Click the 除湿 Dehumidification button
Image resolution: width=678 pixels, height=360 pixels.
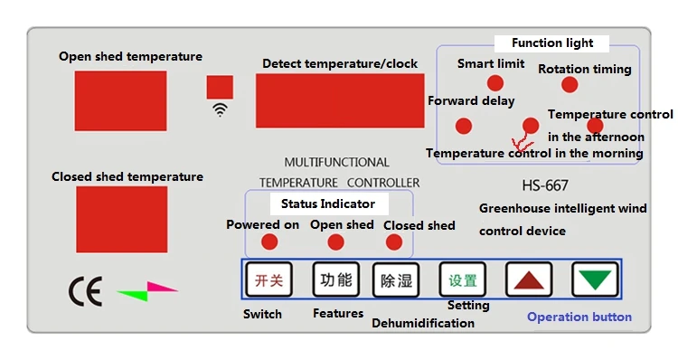pos(396,280)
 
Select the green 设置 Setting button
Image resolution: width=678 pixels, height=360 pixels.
pos(462,279)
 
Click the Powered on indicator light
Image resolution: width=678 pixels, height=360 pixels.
pos(269,242)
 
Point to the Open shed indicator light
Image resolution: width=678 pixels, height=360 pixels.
pos(335,242)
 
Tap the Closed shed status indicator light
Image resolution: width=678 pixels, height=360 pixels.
pos(394,242)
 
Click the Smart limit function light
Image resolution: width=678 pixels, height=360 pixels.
pos(495,83)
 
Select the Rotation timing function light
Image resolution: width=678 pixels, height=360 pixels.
pos(569,84)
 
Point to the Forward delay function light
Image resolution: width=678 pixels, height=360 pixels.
pos(463,126)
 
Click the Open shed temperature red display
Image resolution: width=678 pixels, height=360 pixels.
pos(120,101)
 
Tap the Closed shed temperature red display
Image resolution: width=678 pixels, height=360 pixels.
pos(121,219)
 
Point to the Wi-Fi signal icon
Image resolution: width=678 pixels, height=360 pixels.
pos(220,110)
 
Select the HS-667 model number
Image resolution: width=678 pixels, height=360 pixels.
pos(545,186)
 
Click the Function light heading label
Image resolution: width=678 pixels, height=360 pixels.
pos(552,43)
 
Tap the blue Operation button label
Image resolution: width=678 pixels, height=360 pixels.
pos(579,317)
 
